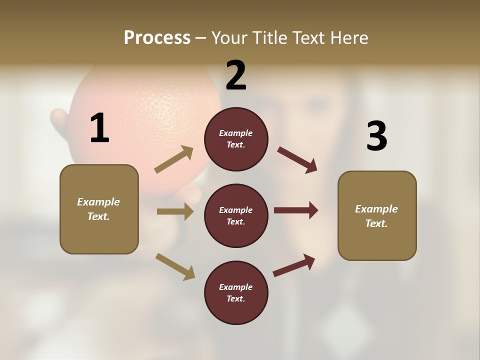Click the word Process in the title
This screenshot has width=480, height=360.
157,38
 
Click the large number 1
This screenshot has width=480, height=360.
99,128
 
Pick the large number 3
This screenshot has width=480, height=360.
376,136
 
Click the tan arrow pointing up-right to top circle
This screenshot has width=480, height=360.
173,159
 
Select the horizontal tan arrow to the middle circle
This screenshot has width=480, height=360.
174,211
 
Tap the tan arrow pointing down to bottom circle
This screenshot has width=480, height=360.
175,266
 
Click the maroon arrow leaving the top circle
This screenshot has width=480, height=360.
297,159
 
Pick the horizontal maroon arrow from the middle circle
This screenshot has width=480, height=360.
295,210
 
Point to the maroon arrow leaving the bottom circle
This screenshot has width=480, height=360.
294,265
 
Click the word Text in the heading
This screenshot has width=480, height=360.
307,38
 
